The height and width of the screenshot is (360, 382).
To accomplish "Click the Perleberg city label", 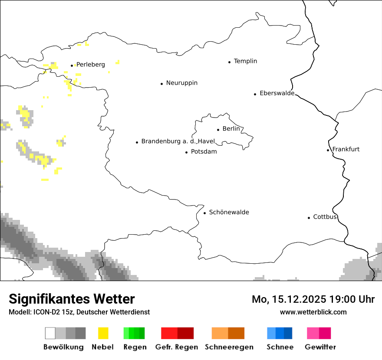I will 90,65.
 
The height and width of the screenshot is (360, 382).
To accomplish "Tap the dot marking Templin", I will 229,62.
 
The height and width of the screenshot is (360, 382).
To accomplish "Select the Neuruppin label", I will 181,83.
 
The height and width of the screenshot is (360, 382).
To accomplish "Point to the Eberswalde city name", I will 277,93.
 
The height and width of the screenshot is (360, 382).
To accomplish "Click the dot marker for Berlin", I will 218,129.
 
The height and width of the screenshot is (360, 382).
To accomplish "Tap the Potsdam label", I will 204,152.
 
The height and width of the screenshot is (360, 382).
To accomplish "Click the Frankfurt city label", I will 346,149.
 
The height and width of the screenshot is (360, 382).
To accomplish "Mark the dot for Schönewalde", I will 204,213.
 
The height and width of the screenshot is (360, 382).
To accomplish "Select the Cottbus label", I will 325,217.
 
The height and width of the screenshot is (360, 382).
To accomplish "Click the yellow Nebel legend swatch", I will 103,333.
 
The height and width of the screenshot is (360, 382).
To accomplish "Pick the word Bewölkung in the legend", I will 63,347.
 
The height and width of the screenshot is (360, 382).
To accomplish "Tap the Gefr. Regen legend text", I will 176,347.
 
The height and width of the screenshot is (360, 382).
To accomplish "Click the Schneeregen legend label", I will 229,347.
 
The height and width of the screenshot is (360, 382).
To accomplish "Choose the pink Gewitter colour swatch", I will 319,333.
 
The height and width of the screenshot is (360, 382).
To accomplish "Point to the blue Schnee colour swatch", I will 280,333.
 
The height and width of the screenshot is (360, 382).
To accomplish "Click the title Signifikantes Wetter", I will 72,299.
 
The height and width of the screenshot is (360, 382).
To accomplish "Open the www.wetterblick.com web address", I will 313,312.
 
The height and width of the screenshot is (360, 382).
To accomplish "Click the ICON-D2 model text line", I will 79,312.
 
